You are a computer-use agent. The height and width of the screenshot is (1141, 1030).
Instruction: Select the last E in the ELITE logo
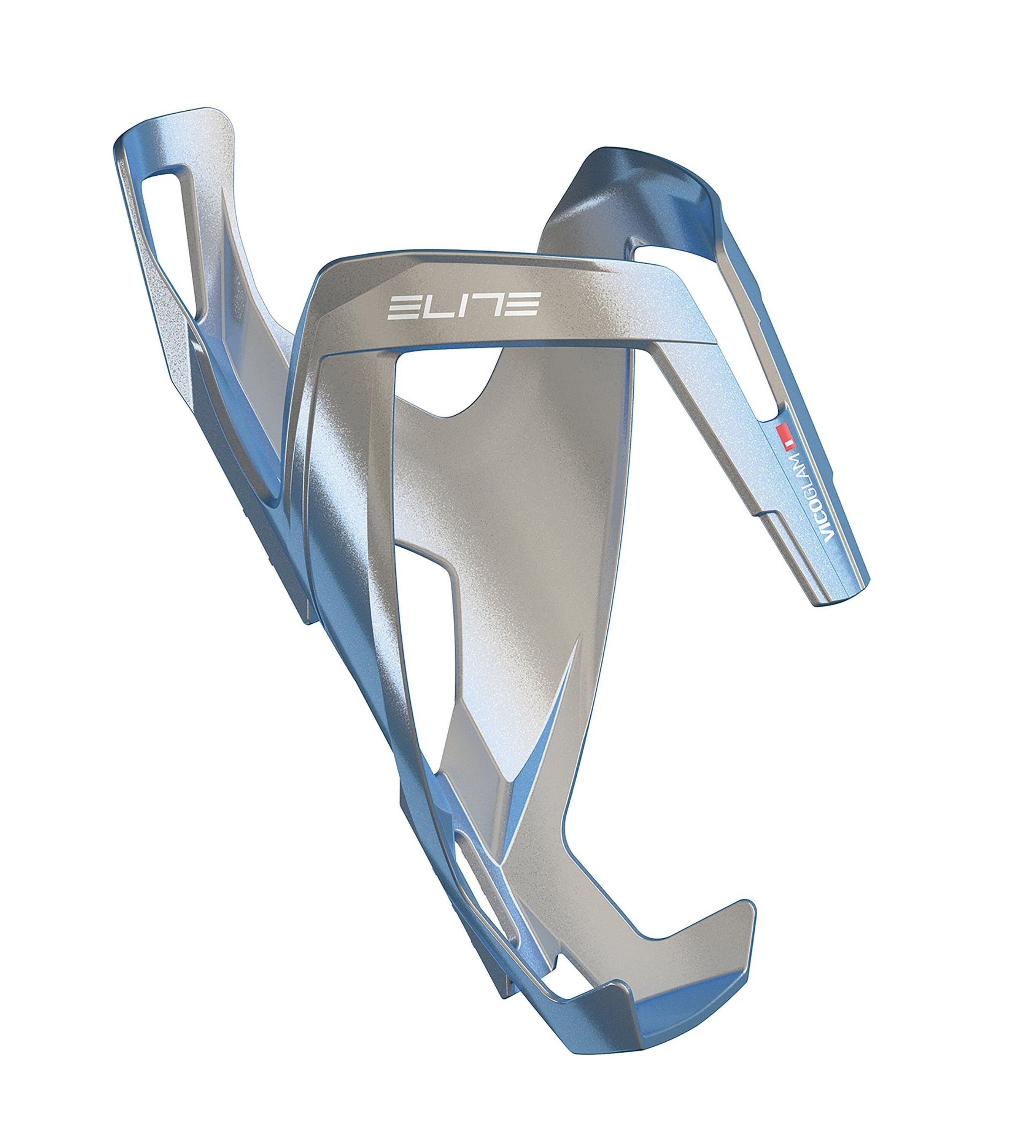[x=523, y=304]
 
